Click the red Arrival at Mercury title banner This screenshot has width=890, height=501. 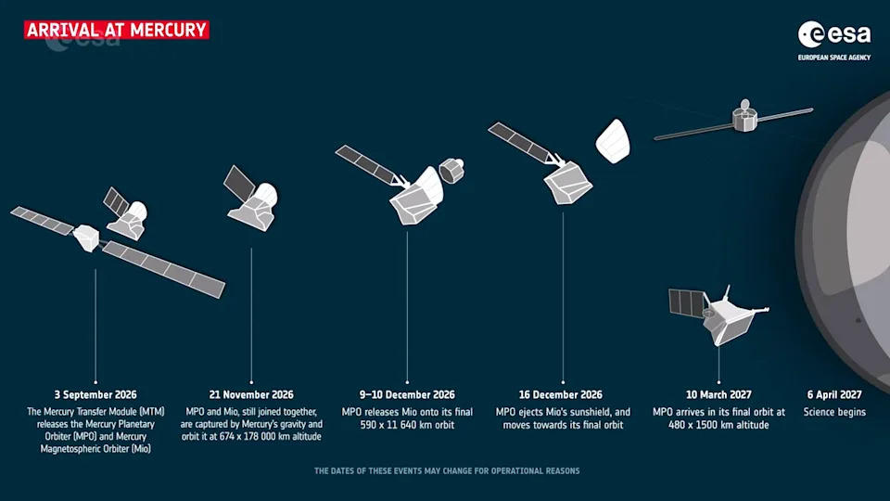tap(117, 30)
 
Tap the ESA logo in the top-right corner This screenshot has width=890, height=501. tap(834, 34)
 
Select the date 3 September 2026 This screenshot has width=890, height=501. tap(95, 395)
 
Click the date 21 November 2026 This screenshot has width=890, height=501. tap(251, 395)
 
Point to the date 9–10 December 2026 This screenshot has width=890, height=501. tap(407, 395)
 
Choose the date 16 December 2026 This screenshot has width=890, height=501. tap(561, 395)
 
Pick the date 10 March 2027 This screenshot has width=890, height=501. tap(718, 395)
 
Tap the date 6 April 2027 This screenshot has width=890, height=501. tap(834, 395)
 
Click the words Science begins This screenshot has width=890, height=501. tap(834, 412)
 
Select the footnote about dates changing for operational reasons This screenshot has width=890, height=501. tap(447, 471)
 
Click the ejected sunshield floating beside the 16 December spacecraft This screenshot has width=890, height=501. tap(613, 141)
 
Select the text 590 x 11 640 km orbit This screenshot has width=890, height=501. tap(407, 425)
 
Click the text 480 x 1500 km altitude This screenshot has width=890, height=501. tap(718, 425)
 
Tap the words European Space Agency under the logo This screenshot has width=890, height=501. tap(834, 58)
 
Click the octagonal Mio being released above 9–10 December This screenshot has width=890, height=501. tap(451, 171)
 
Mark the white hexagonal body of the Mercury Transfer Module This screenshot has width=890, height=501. tap(86, 238)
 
